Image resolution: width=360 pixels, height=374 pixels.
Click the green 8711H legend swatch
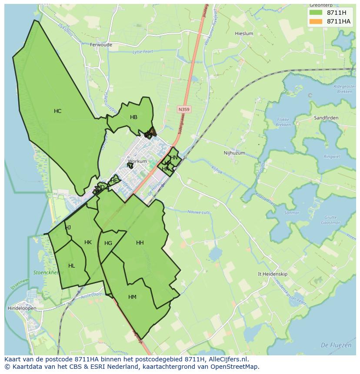tap(316, 13)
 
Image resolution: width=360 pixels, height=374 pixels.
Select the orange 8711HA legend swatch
tap(316, 21)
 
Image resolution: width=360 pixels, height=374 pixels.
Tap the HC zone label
tap(58, 111)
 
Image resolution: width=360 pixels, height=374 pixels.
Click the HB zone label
tap(133, 117)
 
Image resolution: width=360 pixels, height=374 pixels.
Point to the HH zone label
tap(140, 243)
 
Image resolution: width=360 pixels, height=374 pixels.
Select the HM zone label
tap(132, 297)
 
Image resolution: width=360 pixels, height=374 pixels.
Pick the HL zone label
tap(72, 266)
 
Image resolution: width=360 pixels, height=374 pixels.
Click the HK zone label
tap(88, 242)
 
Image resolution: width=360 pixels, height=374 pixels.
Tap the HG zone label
tap(108, 243)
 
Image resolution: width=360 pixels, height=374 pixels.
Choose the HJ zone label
tap(68, 228)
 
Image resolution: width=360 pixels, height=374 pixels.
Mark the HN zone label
tap(174, 158)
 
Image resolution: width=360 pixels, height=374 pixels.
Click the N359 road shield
tap(184, 110)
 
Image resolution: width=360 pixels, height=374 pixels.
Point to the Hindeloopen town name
tap(22, 308)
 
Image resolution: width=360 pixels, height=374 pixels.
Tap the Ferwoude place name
tap(101, 45)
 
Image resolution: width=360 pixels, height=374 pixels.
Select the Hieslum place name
tap(243, 33)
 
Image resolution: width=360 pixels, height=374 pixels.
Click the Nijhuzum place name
tap(234, 153)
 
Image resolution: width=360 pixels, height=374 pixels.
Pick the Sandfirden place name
tap(326, 118)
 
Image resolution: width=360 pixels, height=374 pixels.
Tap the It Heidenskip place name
tap(273, 274)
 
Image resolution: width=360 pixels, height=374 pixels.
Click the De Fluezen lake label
tap(336, 345)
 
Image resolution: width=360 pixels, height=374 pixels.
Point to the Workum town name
tap(137, 162)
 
